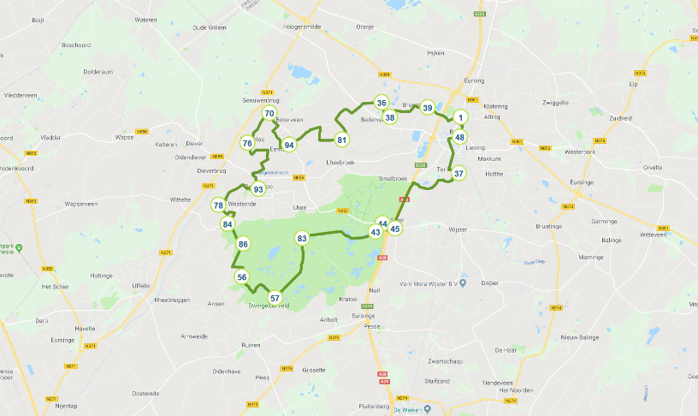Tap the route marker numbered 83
[x=302, y=238]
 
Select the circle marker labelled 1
[x=460, y=118]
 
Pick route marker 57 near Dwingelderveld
[x=275, y=299]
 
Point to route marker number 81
[x=342, y=140]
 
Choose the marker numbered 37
[x=459, y=173]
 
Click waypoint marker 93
[x=258, y=189]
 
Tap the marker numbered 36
[x=382, y=103]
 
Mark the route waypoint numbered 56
[x=242, y=277]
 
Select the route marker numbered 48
[x=460, y=137]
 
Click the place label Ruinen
[x=251, y=345]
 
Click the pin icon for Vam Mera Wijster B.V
[x=462, y=282]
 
